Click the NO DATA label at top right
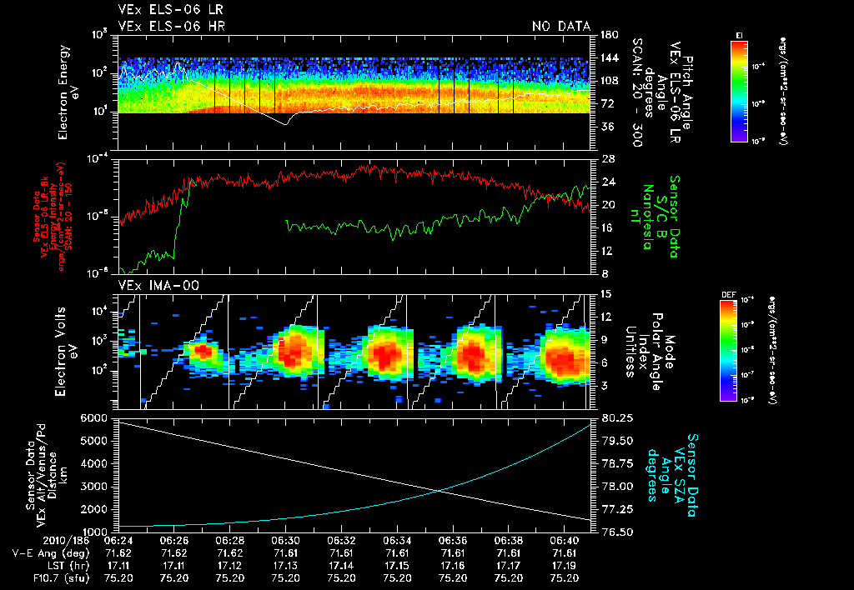coord(561,27)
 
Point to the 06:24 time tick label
coord(118,542)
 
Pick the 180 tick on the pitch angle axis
coord(608,34)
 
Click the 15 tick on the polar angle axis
coord(605,293)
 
